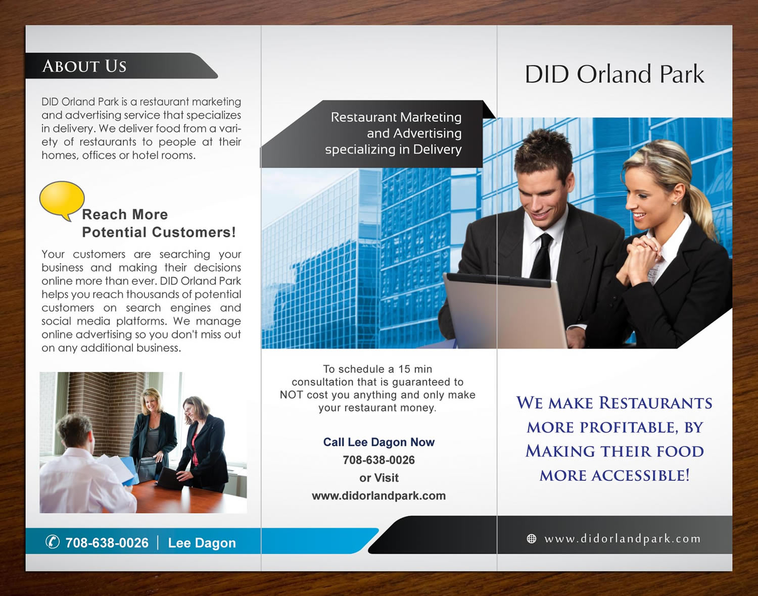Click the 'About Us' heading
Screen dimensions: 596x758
tap(84, 66)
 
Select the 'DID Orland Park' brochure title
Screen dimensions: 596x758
tap(614, 74)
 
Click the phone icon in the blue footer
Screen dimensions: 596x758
tap(53, 542)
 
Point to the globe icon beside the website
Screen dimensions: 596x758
tap(532, 539)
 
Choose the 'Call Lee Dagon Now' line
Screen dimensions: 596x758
tap(378, 442)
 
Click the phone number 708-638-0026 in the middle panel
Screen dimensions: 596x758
tap(378, 460)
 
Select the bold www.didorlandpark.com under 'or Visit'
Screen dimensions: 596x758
tap(378, 496)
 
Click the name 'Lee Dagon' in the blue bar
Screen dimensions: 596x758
tap(202, 543)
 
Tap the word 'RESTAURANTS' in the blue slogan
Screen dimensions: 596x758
tap(655, 403)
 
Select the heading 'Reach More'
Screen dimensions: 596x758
tap(125, 215)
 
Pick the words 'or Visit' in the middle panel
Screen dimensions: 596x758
tap(378, 478)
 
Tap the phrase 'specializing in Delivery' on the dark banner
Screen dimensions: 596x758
tap(393, 150)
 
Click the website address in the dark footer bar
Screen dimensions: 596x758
tap(622, 539)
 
